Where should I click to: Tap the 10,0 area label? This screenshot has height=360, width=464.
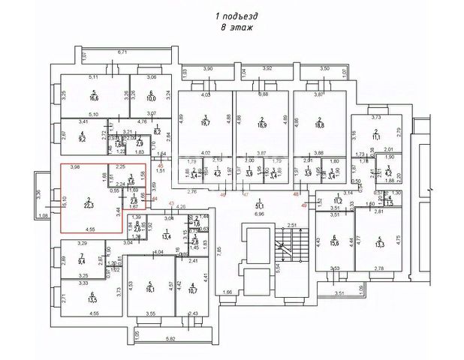tap(149, 97)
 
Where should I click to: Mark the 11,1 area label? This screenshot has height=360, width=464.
tap(377, 136)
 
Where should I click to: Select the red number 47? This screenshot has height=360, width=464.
tap(246, 194)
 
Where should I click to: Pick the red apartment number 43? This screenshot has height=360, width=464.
tap(171, 204)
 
